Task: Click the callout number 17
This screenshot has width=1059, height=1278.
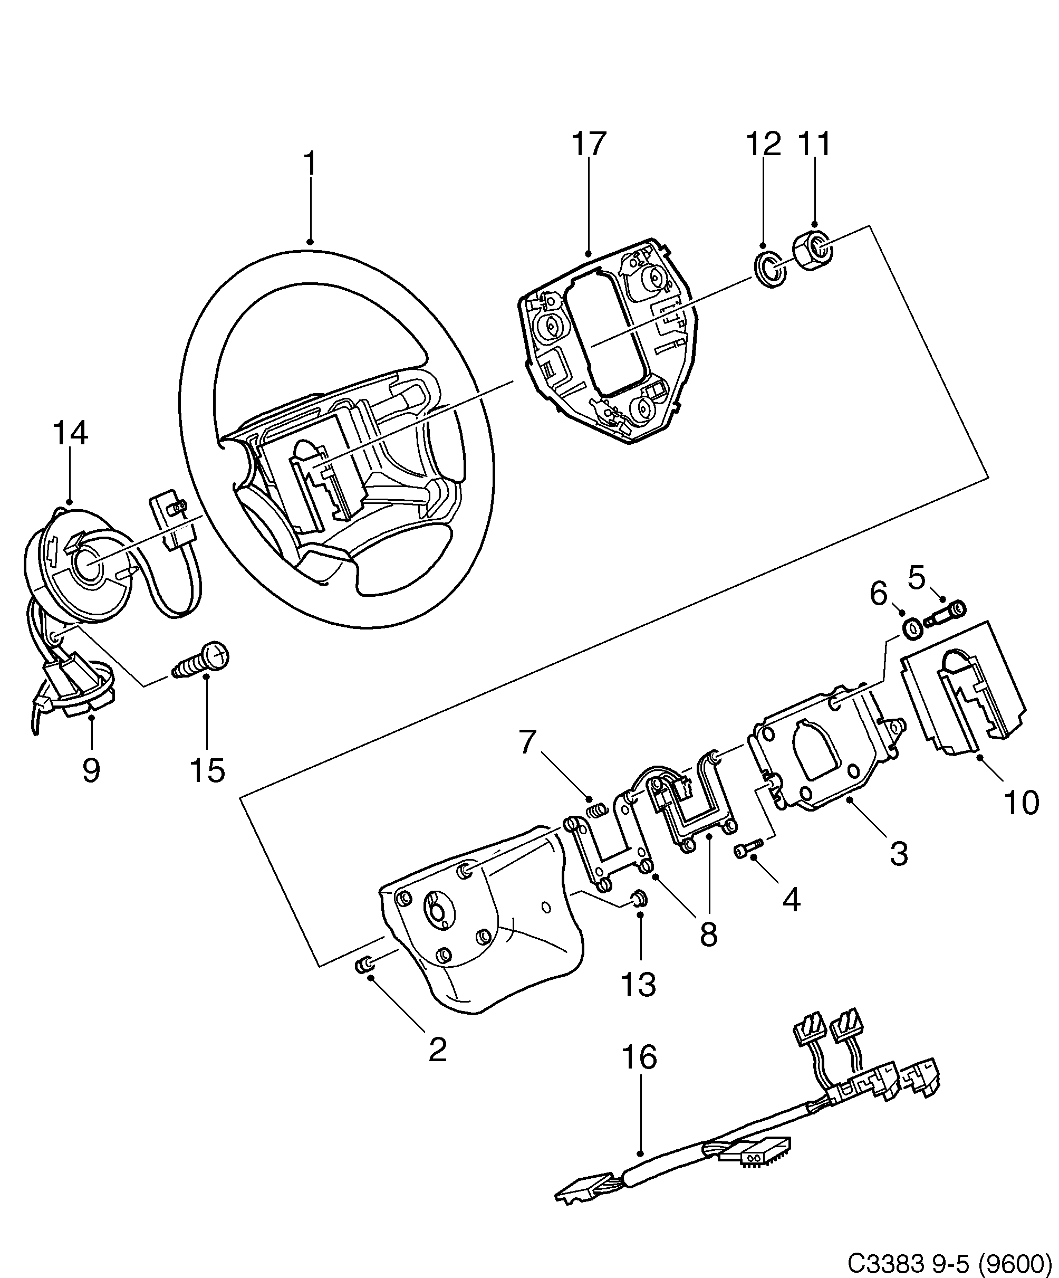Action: click(x=589, y=144)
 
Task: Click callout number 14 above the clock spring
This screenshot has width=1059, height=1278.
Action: click(x=70, y=434)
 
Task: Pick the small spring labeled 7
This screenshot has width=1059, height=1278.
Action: click(x=598, y=810)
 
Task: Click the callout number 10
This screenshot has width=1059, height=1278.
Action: click(x=1021, y=803)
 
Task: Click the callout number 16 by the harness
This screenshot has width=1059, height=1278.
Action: click(x=639, y=1057)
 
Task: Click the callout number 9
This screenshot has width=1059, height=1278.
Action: click(x=91, y=770)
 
